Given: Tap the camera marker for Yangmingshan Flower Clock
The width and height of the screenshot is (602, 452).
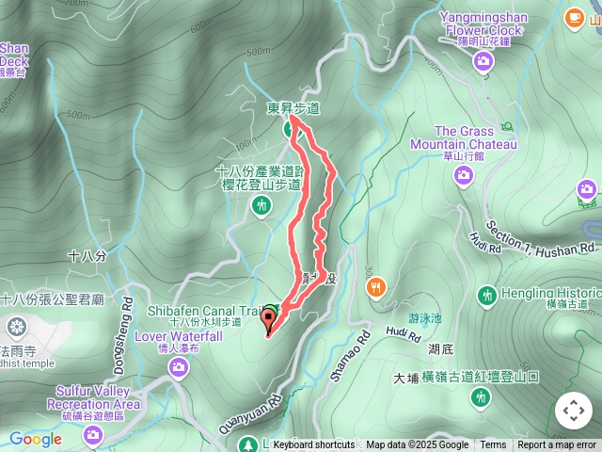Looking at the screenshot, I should (483, 62).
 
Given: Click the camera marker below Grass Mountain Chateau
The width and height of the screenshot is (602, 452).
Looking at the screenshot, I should (462, 177).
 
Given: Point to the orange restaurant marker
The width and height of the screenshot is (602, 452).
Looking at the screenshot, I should (375, 287).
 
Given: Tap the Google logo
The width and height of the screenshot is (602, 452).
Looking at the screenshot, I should (35, 439).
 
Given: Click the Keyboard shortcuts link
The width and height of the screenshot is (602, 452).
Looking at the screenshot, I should (313, 445).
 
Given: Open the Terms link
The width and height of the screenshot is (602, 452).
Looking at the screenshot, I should (493, 445).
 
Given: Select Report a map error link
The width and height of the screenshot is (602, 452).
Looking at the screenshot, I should (557, 445).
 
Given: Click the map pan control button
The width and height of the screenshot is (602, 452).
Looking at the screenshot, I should (574, 411).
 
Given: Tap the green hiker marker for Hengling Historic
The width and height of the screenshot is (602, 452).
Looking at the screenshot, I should (486, 296).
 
